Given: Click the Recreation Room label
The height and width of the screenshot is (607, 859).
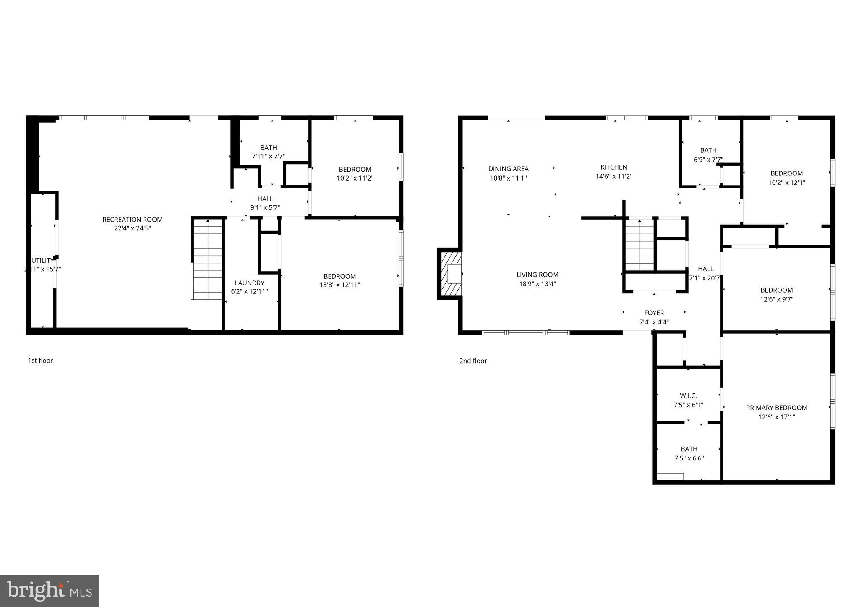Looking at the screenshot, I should point(133,220).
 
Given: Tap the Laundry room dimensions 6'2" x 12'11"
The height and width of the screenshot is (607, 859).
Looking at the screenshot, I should point(249,292).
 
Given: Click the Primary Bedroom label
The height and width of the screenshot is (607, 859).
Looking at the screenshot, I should point(776,408).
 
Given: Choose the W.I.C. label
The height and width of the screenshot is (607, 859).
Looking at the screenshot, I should point(688,396).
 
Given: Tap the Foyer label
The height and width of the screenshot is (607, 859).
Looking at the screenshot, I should point(654,313).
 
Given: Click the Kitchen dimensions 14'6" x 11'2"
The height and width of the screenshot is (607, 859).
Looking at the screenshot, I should point(614,177).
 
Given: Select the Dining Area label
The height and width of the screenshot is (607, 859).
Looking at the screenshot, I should point(508,169).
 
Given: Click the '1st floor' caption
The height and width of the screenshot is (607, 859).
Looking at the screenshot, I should point(40,361).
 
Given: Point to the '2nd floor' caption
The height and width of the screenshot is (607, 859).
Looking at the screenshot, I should point(473,361).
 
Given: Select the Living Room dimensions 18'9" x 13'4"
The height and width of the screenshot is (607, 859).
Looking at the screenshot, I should point(537,284).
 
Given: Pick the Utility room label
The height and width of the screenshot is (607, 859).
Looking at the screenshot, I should point(42,261).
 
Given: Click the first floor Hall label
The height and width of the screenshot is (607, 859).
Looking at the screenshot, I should point(265,199).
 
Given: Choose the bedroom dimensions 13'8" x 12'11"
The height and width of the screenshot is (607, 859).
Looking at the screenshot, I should point(339,285).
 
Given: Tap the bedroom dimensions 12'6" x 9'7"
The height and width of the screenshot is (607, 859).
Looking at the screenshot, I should point(776,300).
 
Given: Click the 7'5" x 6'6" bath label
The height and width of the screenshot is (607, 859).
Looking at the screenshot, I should point(689,449).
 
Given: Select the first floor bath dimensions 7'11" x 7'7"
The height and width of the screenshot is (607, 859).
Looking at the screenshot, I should point(268,157).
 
